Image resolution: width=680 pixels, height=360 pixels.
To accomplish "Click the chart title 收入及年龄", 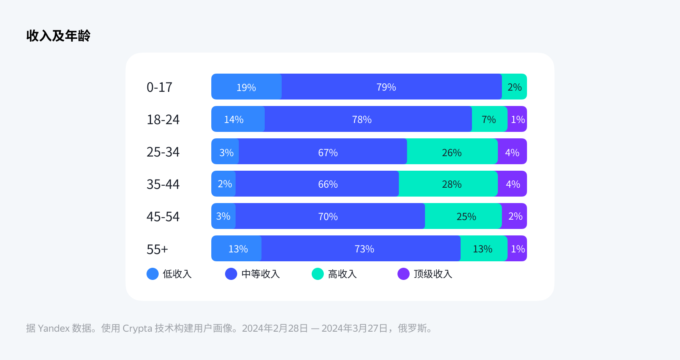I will [58, 36].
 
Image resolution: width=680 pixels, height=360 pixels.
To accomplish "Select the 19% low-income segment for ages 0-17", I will [246, 87].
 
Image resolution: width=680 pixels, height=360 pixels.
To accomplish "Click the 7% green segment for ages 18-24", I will [489, 119].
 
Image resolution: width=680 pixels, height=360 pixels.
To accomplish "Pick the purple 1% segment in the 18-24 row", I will [518, 119].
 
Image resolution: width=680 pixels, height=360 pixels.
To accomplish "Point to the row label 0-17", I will [159, 87].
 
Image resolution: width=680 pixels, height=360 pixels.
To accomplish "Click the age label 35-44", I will [163, 184].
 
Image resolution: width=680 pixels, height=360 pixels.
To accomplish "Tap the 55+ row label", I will [157, 249].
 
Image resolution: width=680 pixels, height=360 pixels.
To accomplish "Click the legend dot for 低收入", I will [153, 274].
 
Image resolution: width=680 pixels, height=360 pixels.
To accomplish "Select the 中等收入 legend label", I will [261, 274].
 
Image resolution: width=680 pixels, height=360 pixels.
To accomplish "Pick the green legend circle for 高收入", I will [318, 274].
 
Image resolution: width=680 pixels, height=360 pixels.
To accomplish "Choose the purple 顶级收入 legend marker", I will [404, 274].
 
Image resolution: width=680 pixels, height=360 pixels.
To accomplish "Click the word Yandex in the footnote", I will [54, 328].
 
